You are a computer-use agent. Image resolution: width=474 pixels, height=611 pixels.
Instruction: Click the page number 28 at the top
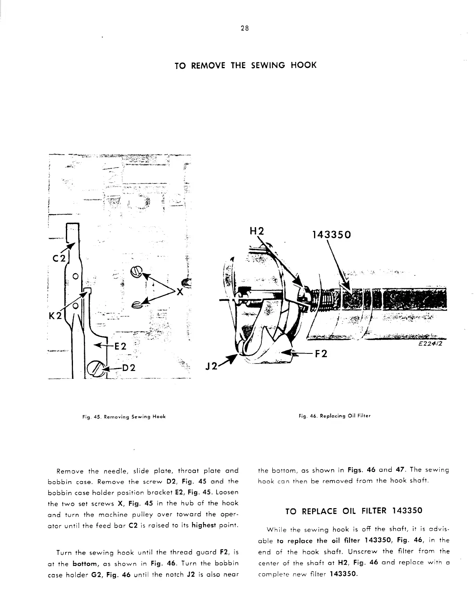point(245,28)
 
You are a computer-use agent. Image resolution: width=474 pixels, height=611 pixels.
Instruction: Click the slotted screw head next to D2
point(96,368)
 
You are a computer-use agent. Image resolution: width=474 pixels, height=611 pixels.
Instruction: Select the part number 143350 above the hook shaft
point(332,235)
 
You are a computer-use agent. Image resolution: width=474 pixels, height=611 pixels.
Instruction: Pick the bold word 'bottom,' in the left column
point(85,563)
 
